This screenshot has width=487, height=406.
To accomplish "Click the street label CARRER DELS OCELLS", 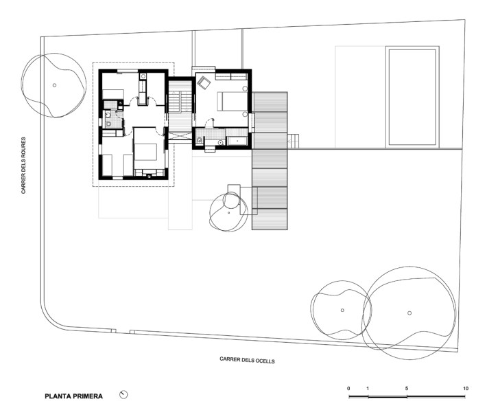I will tap(247, 359).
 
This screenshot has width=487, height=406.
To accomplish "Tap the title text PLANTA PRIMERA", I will tap(74, 396).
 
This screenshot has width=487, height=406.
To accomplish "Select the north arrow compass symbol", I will tap(123, 394).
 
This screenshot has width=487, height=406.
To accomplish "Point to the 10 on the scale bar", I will tap(466, 389).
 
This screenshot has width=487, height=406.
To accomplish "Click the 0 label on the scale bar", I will tap(348, 389).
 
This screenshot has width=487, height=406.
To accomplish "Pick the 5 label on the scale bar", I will tap(407, 389).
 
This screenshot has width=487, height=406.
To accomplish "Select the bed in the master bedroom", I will tap(233, 101).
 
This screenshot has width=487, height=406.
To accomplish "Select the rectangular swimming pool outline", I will tap(412, 96).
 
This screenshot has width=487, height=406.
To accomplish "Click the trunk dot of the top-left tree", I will tap(54, 85).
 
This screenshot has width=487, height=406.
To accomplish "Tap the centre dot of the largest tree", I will tap(409, 313).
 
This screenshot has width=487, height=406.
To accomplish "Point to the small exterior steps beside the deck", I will tap(294, 141).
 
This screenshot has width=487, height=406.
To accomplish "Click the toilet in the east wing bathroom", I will tap(200, 141).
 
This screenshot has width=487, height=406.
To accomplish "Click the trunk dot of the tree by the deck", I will tap(228, 212).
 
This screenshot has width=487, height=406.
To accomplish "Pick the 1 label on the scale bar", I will tap(368, 389).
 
